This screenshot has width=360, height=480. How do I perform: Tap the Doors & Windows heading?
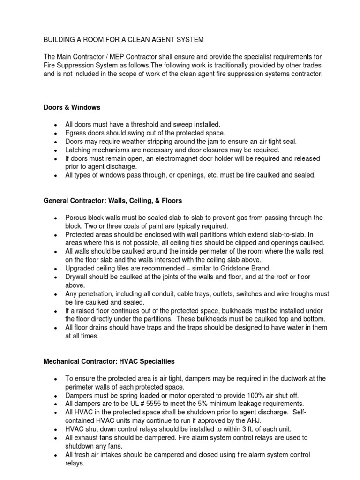72,107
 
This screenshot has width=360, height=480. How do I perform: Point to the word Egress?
76,133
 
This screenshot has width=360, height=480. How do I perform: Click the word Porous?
76,217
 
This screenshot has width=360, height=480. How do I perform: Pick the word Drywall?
77,277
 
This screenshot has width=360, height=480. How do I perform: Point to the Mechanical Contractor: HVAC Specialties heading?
109,361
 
